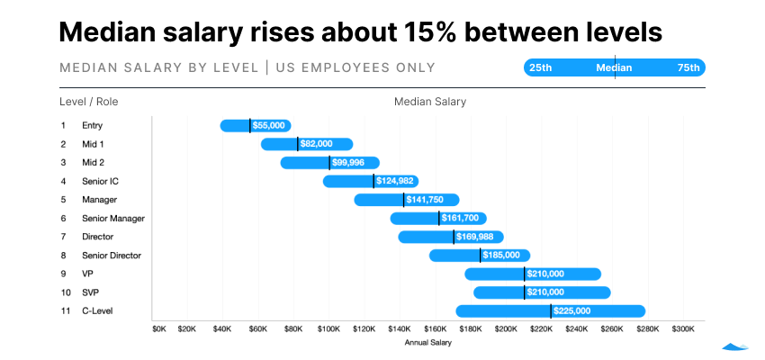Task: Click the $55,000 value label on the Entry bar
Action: click(269, 126)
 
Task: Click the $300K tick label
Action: click(682, 329)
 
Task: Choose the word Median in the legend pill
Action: click(614, 67)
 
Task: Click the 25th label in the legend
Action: click(541, 67)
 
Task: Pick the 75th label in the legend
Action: click(688, 67)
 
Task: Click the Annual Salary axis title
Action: click(428, 342)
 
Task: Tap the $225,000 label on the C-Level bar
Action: click(571, 311)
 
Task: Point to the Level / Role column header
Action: click(88, 102)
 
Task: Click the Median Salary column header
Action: click(429, 102)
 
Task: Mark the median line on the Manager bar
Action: click(403, 200)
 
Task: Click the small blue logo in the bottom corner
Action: click(736, 345)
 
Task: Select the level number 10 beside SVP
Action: click(65, 292)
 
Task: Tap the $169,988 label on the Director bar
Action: click(474, 237)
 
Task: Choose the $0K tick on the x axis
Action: click(159, 329)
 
